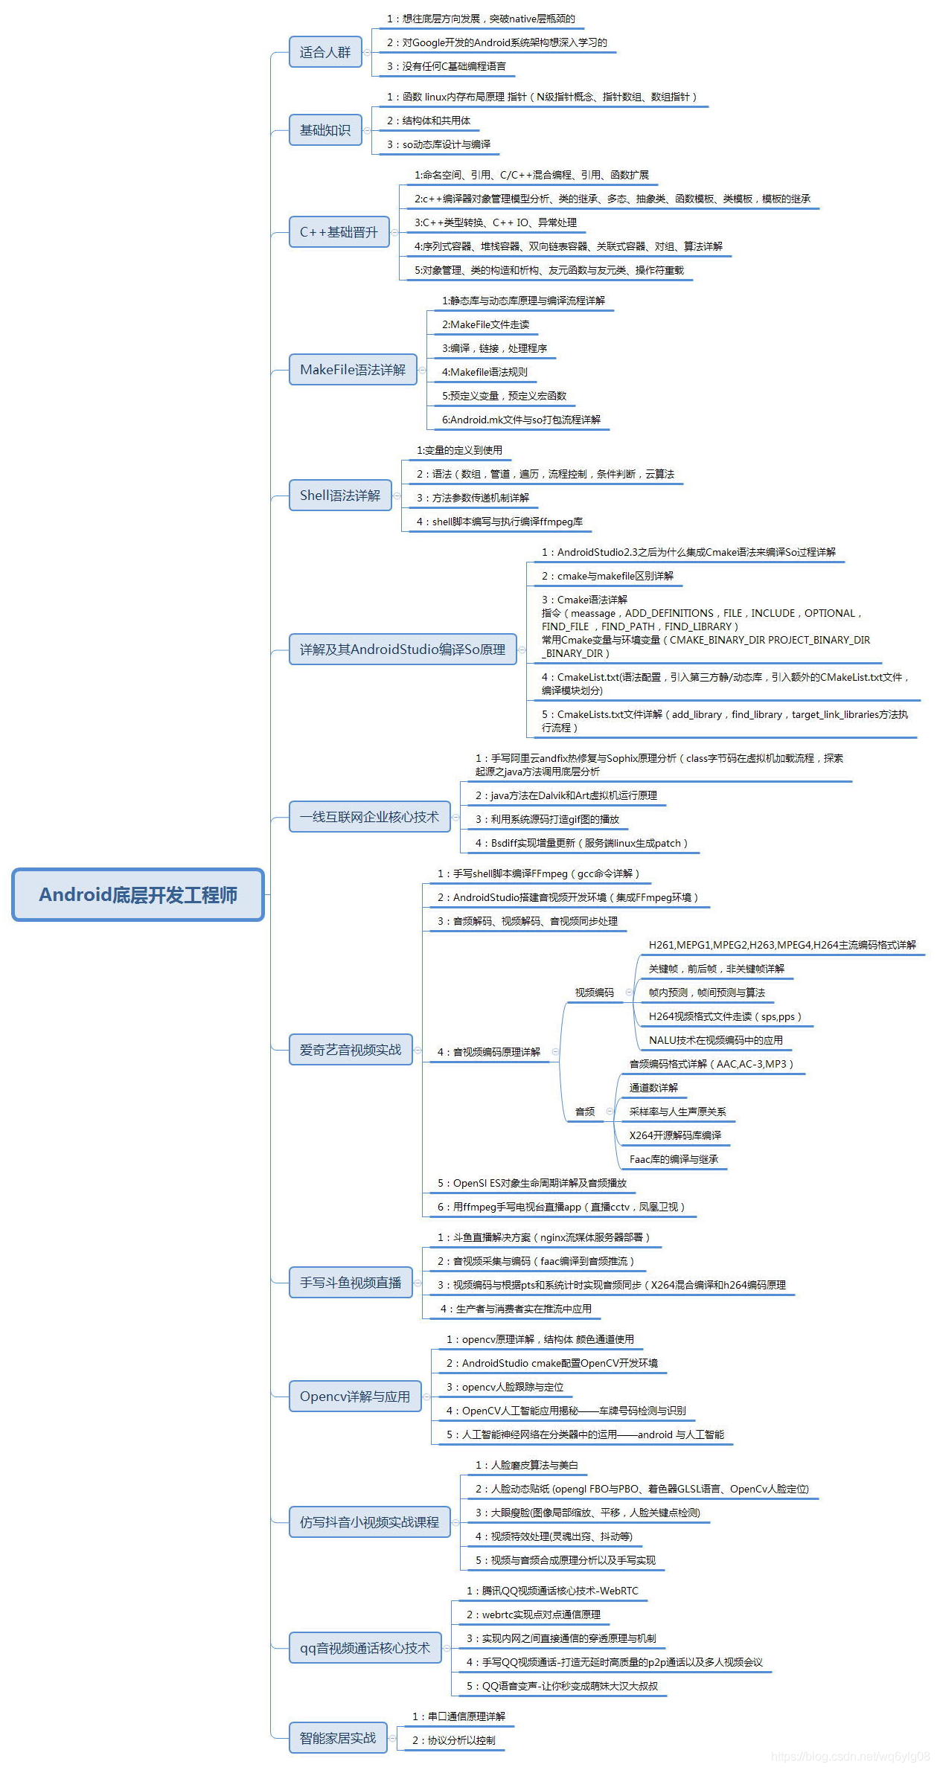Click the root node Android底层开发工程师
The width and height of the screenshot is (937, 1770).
(138, 894)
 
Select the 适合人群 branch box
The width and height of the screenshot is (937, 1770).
(325, 52)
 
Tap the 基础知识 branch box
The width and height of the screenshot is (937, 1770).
(325, 130)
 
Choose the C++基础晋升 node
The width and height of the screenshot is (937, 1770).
(339, 232)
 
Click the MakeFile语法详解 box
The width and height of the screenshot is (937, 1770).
(353, 370)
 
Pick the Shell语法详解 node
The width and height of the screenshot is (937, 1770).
(340, 496)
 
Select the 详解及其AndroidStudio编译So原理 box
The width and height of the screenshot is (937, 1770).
(403, 650)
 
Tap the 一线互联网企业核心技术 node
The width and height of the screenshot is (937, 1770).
(370, 817)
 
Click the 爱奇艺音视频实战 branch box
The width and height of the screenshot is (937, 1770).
(351, 1050)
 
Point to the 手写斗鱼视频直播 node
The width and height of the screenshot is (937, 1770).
(351, 1283)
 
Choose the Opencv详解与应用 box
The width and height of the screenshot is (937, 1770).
(355, 1397)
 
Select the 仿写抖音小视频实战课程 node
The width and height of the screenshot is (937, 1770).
(370, 1522)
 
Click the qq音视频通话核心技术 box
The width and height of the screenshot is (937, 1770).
(365, 1648)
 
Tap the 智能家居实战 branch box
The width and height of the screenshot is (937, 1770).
(338, 1738)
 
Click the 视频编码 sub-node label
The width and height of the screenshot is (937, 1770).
(595, 993)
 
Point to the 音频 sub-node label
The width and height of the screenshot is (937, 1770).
(585, 1112)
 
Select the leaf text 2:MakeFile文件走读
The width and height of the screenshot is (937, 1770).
(486, 324)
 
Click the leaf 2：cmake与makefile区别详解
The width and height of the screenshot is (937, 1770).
(608, 576)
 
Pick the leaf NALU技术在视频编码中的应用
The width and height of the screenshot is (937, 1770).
(716, 1040)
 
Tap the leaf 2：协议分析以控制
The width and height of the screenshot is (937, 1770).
(454, 1740)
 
